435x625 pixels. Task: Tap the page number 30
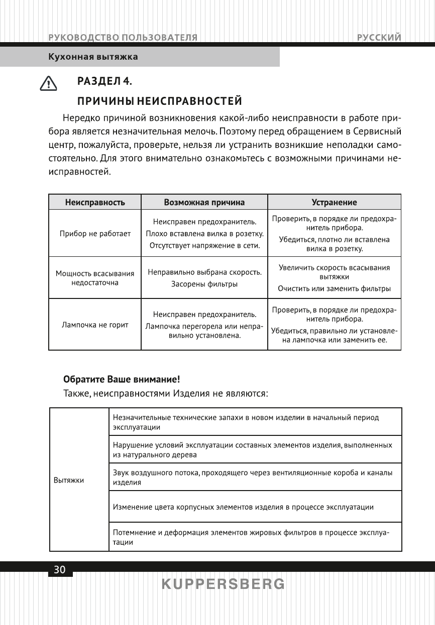point(59,570)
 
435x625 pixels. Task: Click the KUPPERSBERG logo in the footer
point(223,584)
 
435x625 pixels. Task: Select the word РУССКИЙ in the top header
point(379,38)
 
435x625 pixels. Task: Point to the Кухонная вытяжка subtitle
point(93,57)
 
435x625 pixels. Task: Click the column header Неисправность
point(94,202)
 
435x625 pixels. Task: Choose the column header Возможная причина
point(204,202)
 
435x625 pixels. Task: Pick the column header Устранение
point(334,202)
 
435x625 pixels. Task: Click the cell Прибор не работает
point(94,234)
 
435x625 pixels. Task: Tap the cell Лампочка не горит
point(94,325)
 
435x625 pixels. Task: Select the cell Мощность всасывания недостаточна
point(94,278)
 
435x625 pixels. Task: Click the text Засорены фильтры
point(204,284)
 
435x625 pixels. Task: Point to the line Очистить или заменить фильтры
point(334,289)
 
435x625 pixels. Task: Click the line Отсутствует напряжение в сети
point(204,246)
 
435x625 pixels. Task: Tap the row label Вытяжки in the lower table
point(69,480)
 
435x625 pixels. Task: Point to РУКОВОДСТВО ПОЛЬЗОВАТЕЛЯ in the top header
point(123,38)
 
